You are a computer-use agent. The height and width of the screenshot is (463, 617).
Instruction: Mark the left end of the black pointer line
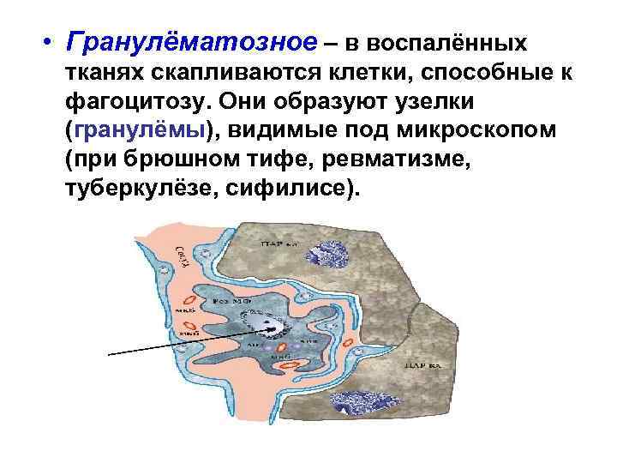(110, 352)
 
